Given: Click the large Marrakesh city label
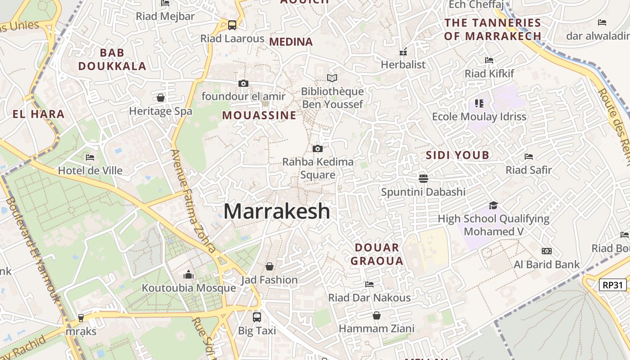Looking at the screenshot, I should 277,211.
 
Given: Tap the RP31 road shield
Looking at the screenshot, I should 613,285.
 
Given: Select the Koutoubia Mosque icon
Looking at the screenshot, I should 188,274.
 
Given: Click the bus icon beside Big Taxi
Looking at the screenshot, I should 256,317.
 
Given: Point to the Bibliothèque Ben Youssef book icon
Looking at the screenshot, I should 332,78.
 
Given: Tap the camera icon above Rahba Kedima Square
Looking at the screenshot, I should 317,148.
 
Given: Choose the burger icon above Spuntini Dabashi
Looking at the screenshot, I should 423,178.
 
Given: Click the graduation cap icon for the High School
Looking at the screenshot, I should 493,205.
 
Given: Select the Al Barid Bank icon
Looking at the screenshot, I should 546,251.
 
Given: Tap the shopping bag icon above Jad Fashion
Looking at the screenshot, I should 269,266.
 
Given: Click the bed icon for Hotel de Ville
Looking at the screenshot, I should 90,157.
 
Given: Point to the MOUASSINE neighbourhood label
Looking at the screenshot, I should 259,116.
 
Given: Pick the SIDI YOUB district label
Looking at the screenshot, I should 457,156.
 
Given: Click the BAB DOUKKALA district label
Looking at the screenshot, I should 112,59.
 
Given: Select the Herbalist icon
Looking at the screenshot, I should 403,52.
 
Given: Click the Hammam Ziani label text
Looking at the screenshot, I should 376,329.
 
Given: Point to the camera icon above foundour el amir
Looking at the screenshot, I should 243,83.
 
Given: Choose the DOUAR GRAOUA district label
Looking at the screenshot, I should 377,254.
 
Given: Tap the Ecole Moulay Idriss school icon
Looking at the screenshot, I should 479,103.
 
